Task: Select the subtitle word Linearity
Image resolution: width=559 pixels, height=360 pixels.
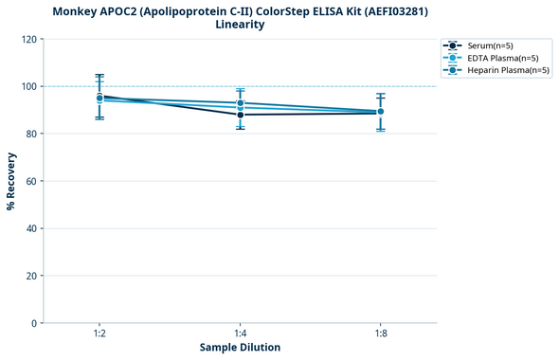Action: point(240,25)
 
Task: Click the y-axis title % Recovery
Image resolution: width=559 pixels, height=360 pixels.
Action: point(11,181)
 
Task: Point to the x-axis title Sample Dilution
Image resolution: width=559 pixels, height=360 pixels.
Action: point(240,348)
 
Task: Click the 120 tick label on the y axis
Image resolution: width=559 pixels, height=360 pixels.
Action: point(28,39)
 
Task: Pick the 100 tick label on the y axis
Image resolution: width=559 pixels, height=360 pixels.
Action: point(28,86)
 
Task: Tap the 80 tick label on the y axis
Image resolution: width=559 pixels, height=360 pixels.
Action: point(31,134)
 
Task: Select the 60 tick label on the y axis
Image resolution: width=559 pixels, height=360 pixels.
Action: point(31,181)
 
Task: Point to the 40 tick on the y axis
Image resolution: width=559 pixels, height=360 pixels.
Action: point(31,228)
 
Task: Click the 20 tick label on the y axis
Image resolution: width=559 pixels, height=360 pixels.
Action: point(31,276)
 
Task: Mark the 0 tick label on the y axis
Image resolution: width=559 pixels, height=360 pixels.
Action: point(34,323)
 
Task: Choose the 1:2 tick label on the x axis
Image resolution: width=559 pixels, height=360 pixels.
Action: point(99,333)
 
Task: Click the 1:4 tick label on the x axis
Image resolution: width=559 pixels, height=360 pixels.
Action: point(240,333)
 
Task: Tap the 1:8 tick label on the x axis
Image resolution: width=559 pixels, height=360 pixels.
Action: point(380,333)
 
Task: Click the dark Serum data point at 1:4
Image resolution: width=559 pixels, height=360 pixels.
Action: point(240,115)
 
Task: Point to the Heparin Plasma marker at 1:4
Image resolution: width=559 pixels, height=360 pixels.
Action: point(240,102)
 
